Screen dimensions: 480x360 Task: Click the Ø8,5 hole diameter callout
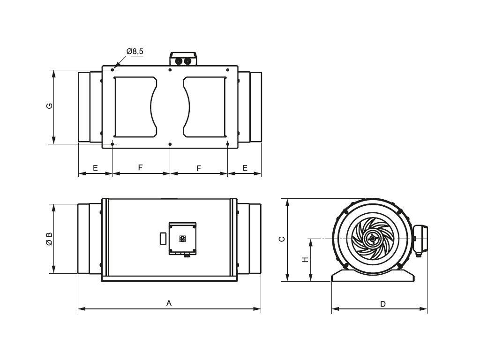click(x=135, y=51)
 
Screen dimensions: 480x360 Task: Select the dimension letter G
click(x=49, y=106)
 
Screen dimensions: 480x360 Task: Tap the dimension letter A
click(x=169, y=303)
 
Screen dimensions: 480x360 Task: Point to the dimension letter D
click(x=383, y=304)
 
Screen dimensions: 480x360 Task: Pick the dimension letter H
click(x=305, y=260)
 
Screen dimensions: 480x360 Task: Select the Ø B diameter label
click(x=49, y=239)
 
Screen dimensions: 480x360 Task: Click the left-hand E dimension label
click(x=95, y=168)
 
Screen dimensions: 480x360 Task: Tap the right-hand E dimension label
click(x=245, y=168)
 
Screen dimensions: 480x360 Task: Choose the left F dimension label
click(x=141, y=167)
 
